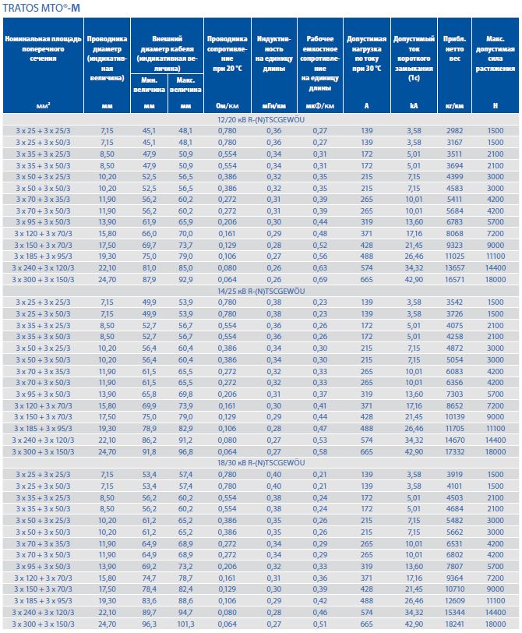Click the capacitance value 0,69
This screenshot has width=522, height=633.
coord(320,278)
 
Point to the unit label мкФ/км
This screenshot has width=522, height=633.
coord(320,105)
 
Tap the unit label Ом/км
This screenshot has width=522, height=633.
coord(227,105)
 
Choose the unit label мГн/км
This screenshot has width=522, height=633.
coord(274,105)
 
